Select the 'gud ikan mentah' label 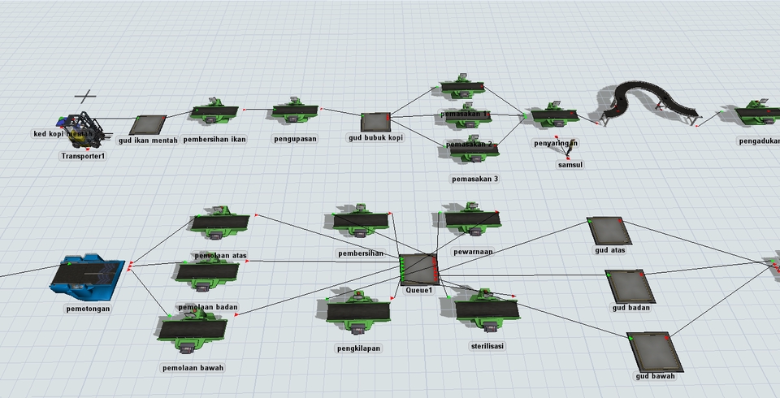coord(148,141)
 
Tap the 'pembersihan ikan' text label coord(214,139)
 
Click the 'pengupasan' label coord(296,138)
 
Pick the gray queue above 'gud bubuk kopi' coord(375,121)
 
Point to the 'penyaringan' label coord(556,144)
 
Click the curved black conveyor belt coord(642,97)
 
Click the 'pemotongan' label coord(89,309)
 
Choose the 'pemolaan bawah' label coord(192,367)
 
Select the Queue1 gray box coord(418,269)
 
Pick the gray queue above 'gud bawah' coord(651,350)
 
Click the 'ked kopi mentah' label coord(63,133)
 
